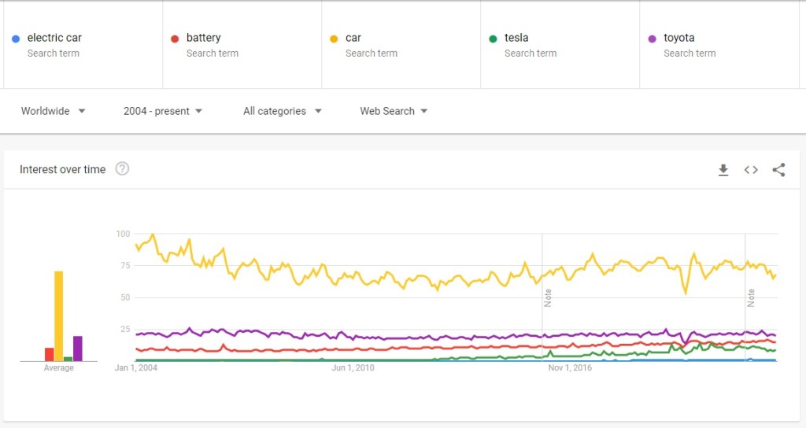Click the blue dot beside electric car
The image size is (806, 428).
(16, 39)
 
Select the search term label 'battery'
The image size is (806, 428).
(203, 38)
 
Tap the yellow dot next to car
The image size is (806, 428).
(334, 39)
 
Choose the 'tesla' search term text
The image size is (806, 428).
(516, 38)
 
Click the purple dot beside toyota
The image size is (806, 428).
(652, 39)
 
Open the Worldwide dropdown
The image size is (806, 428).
(54, 111)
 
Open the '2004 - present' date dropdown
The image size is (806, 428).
(163, 111)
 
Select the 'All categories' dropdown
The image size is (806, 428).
(283, 111)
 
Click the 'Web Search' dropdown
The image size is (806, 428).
(394, 111)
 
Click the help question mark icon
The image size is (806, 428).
(122, 168)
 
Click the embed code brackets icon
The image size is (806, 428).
(751, 169)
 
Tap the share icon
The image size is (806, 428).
(778, 169)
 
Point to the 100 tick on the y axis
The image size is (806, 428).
(122, 234)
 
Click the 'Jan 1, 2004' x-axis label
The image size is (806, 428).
(136, 367)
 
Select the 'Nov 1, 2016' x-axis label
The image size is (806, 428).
(569, 367)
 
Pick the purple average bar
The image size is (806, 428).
(77, 349)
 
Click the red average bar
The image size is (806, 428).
(49, 354)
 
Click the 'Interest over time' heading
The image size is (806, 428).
(62, 169)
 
